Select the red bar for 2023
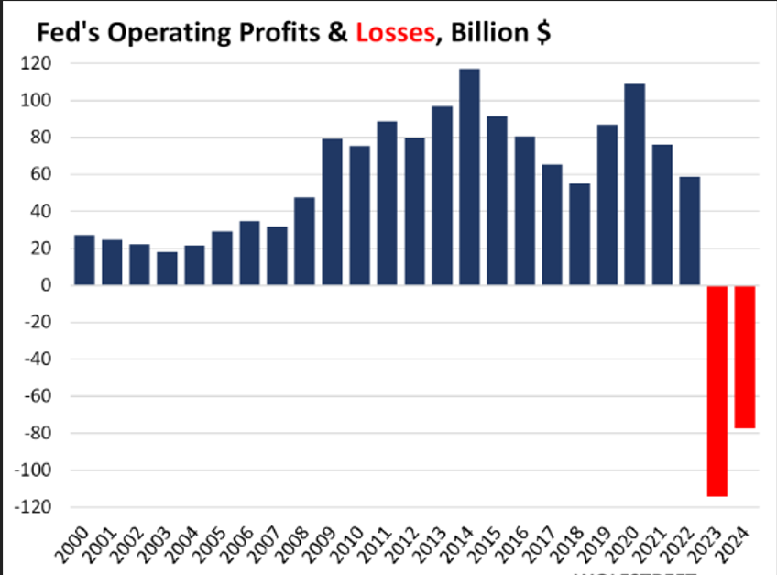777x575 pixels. (717, 391)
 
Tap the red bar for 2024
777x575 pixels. (744, 357)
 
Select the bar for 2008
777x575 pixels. (304, 241)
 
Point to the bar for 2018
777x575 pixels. (579, 235)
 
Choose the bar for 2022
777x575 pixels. (689, 231)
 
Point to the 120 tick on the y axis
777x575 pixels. (38, 64)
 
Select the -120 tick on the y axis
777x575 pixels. (35, 507)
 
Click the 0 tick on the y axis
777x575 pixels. (45, 286)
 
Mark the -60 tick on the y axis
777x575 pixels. (38, 396)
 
